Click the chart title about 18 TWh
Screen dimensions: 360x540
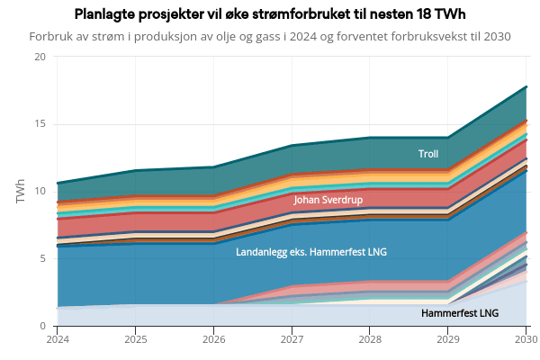(270, 15)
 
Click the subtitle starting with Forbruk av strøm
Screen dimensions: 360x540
(270, 37)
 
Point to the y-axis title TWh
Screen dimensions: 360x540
(21, 191)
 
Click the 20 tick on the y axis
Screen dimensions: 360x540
(40, 57)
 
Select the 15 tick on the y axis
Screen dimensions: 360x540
(40, 124)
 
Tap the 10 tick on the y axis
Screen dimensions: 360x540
(40, 191)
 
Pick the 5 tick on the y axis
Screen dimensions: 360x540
(42, 258)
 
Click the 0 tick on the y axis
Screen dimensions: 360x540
(42, 326)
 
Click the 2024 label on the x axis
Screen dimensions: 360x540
(58, 339)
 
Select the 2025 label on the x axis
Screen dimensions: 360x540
(136, 339)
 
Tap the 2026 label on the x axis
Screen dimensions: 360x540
(214, 339)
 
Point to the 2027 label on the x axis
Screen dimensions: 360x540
(292, 339)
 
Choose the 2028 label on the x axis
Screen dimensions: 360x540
(370, 339)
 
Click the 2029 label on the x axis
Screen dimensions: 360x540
(448, 339)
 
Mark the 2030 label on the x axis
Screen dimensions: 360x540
(526, 339)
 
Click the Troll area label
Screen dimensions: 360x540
(428, 154)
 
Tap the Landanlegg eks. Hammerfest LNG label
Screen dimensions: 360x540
(311, 252)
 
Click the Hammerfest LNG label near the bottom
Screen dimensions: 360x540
(460, 313)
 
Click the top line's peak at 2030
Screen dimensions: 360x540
(526, 87)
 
